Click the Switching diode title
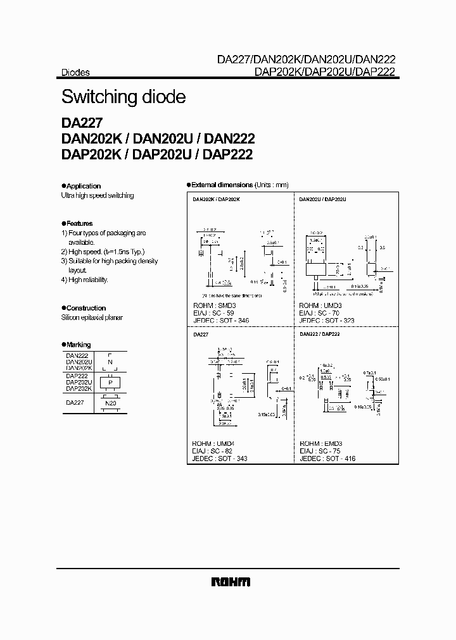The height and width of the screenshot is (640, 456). pyautogui.click(x=123, y=97)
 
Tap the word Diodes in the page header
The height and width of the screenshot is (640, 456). pyautogui.click(x=75, y=73)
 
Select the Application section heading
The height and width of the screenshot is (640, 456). pyautogui.click(x=83, y=186)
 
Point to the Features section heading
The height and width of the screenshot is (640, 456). pyautogui.click(x=79, y=223)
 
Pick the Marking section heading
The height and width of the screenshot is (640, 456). pyautogui.click(x=79, y=345)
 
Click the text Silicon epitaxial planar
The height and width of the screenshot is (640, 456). pyautogui.click(x=92, y=317)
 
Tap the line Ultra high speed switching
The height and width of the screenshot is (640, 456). pyautogui.click(x=98, y=195)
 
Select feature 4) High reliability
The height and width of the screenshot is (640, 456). pyautogui.click(x=85, y=280)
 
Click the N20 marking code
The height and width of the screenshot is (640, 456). pyautogui.click(x=110, y=402)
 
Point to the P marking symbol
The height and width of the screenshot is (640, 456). pyautogui.click(x=110, y=383)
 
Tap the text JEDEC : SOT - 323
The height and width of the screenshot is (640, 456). pyautogui.click(x=328, y=321)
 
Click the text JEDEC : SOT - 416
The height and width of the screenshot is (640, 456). pyautogui.click(x=328, y=458)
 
